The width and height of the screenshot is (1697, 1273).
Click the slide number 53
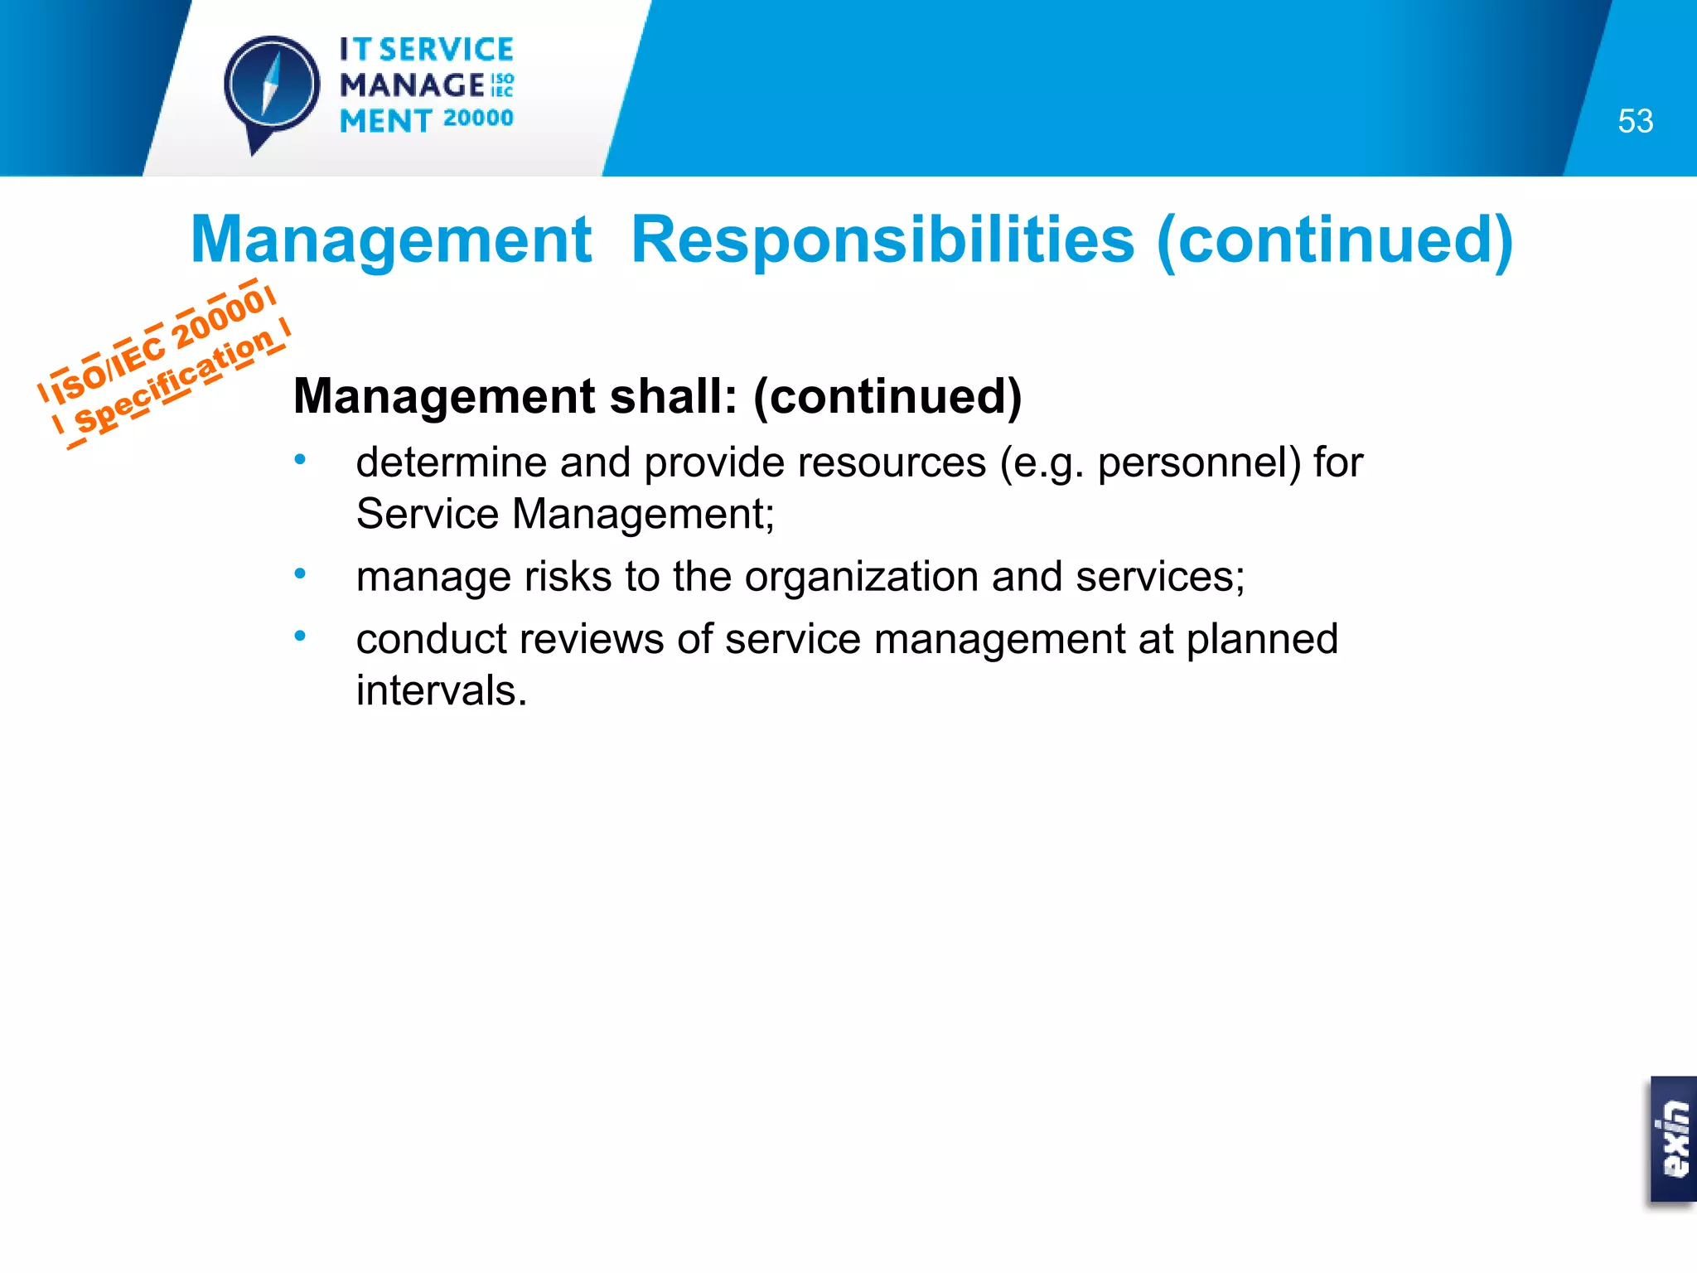[1635, 121]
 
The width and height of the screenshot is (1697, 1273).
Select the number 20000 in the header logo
[478, 119]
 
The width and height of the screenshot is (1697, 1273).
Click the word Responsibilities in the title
[882, 240]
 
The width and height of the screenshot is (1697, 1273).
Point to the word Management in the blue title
[391, 240]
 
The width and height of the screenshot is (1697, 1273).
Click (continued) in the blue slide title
[1334, 240]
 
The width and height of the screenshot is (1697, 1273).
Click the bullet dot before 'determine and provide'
[301, 459]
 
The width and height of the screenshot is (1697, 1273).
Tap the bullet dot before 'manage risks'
[301, 573]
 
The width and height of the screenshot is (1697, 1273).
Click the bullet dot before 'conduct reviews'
[301, 636]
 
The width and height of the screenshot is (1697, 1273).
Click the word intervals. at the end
[442, 690]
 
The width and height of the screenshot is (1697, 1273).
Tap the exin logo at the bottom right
[1674, 1139]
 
